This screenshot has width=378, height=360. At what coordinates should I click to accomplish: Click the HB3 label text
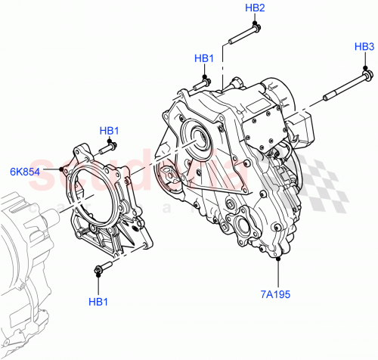pyautogui.click(x=364, y=47)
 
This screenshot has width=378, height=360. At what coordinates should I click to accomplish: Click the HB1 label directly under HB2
pyautogui.click(x=204, y=58)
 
